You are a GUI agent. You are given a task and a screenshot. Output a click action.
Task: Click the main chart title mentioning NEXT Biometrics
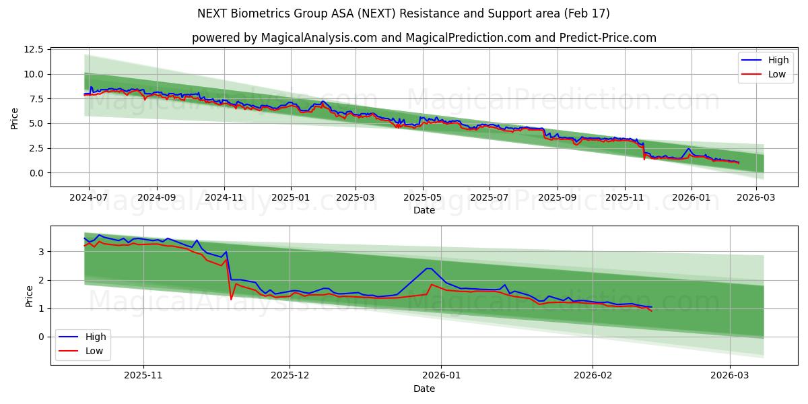(403, 13)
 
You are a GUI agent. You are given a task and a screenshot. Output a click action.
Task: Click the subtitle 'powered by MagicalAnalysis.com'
(424, 38)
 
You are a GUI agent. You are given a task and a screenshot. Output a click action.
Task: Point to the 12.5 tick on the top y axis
(34, 50)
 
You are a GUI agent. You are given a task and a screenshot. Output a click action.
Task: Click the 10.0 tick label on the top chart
(34, 74)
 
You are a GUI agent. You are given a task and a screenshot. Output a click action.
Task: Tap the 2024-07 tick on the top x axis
(88, 198)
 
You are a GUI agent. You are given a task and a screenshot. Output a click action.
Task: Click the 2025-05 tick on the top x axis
(423, 198)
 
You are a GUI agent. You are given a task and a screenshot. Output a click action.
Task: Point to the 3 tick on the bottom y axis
(41, 252)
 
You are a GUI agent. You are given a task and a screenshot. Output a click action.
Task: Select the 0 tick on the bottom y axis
(41, 337)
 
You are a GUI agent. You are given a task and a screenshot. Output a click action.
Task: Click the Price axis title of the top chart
(15, 118)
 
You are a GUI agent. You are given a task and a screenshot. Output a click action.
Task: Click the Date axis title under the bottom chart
(424, 389)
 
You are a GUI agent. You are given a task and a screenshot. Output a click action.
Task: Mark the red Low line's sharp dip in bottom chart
(231, 299)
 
